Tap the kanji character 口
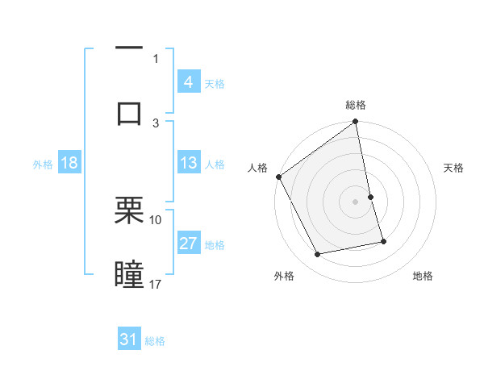pos(129,112)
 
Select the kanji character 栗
pos(129,211)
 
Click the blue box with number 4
pos(188,82)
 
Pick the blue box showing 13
pos(188,163)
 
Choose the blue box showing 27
pos(188,244)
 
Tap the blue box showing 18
pos(69,163)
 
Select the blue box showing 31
pos(129,339)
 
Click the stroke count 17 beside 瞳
pos(156,284)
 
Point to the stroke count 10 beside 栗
pos(156,219)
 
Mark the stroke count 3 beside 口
pos(156,123)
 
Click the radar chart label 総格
pos(356,105)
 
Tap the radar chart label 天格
pos(454,168)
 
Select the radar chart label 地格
pos(423,276)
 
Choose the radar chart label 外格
pos(284,276)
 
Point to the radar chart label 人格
pos(257,168)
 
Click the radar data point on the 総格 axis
pos(356,123)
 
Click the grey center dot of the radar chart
pos(356,202)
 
